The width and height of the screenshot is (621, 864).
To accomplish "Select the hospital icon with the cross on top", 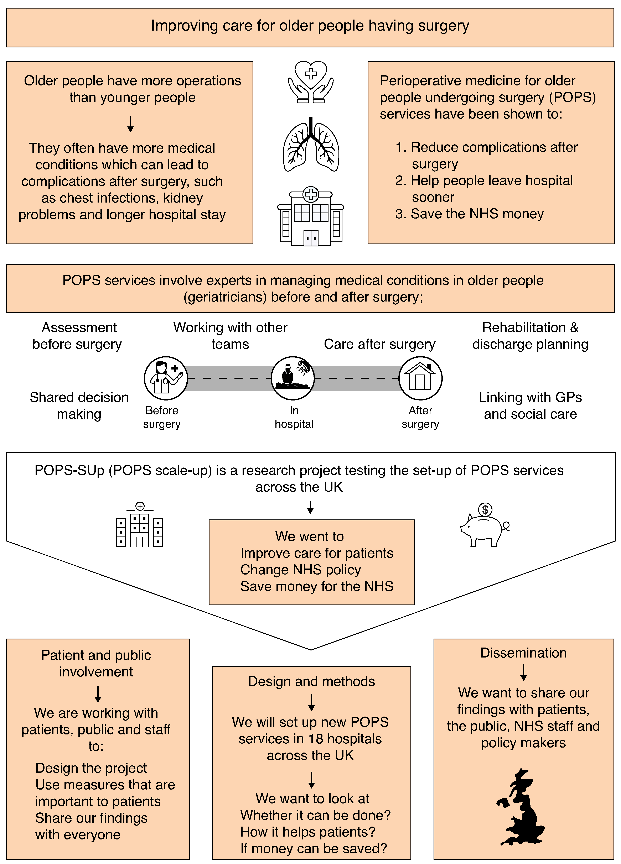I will coord(311,216).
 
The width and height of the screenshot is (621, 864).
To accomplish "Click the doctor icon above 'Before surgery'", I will coord(166,378).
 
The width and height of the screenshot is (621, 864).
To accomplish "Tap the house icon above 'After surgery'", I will coord(420,378).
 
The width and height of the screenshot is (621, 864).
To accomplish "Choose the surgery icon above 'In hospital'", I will coord(293,378).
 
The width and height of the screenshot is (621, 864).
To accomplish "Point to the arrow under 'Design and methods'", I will coord(311,702).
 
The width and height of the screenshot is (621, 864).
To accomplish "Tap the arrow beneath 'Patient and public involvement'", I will coord(98,694).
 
